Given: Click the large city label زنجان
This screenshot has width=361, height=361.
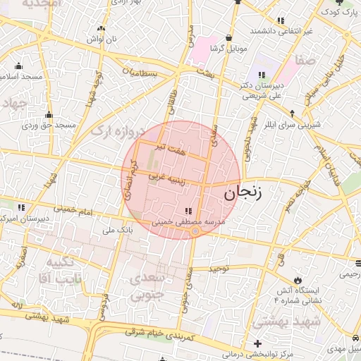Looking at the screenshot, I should point(241,192).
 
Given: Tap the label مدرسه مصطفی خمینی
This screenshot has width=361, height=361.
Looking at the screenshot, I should point(188,221).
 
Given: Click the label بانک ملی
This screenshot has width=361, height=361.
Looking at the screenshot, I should point(118,230).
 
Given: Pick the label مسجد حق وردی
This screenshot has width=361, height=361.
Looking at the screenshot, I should point(49,125).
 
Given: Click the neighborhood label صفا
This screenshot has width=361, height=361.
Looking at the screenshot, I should point(311,61).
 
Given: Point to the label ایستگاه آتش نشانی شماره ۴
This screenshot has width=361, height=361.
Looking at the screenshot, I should point(297,295).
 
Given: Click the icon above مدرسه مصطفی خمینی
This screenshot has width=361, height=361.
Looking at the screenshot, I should point(188,211).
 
